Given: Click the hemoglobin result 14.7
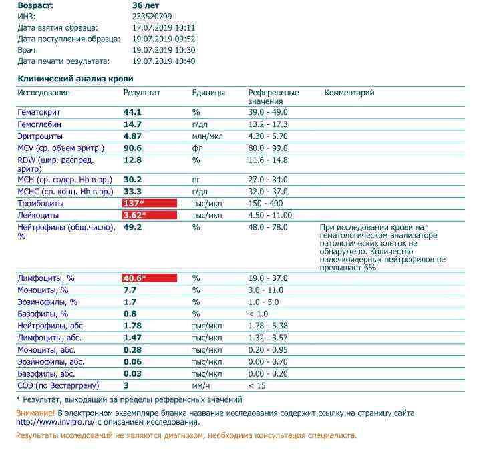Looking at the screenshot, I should coord(132,124).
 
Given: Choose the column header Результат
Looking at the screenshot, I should coord(142,93).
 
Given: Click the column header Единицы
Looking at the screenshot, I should coord(208,93).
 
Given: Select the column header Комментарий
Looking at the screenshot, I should coord(349,93).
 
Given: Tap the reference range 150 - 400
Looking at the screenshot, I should coord(265,203).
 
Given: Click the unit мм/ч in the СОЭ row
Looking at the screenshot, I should coord(202,386).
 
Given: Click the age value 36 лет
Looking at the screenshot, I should coord(146,5).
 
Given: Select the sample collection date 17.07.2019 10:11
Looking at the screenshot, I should coord(164,27).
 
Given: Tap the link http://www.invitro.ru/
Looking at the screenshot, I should coord(55,422).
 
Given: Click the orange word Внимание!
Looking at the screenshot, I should coord(35,413).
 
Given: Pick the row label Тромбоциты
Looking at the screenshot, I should coord(41,203).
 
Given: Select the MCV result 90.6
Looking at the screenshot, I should coord(132,148).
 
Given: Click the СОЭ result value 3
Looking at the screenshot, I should coord(126,386).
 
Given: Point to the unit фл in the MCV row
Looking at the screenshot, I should coord(196,148).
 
